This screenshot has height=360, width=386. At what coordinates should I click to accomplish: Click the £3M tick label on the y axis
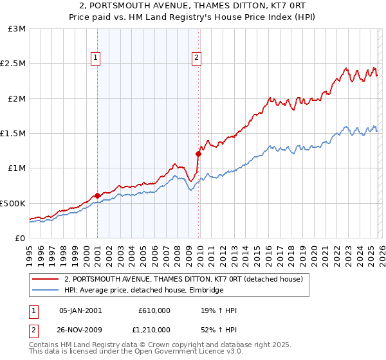point(17,29)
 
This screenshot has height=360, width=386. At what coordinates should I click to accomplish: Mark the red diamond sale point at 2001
point(97,195)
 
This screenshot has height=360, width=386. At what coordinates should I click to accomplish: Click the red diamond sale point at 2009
point(198,154)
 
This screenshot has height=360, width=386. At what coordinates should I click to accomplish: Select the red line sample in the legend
point(44,280)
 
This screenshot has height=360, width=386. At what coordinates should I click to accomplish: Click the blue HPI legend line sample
point(44,290)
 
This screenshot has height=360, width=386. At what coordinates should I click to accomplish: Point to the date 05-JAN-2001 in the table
point(80,310)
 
